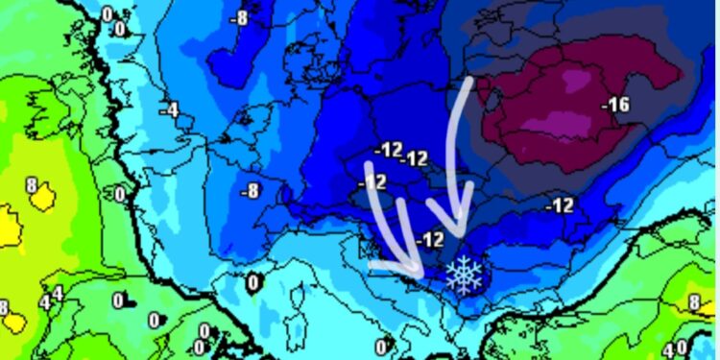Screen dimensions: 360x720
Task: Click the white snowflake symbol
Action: [x=465, y=274]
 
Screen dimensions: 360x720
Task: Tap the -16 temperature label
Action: [x=617, y=105]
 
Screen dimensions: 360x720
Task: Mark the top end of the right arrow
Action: [x=469, y=83]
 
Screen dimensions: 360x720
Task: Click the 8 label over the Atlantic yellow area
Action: [x=31, y=184]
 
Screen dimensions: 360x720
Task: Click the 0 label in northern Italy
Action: [x=253, y=282]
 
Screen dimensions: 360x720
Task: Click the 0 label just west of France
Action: [x=120, y=195]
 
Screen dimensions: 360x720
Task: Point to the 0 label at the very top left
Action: [x=107, y=13]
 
